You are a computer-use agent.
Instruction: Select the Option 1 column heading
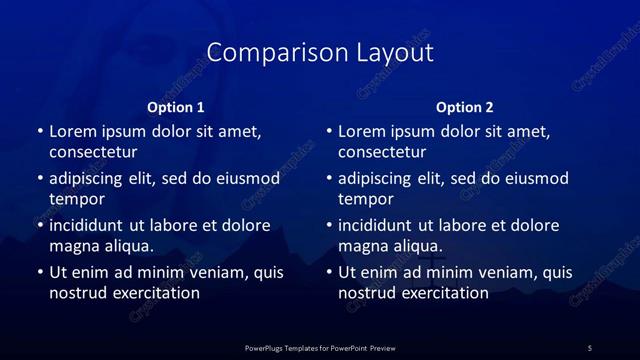(x=176, y=107)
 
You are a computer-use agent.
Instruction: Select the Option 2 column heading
(x=465, y=107)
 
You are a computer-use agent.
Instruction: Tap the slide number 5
(x=590, y=347)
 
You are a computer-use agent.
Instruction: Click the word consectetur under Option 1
(x=93, y=153)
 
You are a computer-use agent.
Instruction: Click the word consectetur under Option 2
(x=382, y=153)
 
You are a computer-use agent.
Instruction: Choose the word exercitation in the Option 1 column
(x=155, y=293)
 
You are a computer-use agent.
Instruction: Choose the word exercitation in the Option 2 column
(x=444, y=293)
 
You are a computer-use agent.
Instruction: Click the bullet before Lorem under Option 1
(x=39, y=132)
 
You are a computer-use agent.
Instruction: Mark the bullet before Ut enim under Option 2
(x=328, y=272)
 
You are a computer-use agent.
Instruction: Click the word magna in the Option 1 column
(x=72, y=245)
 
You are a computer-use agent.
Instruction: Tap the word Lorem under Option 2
(x=361, y=131)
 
